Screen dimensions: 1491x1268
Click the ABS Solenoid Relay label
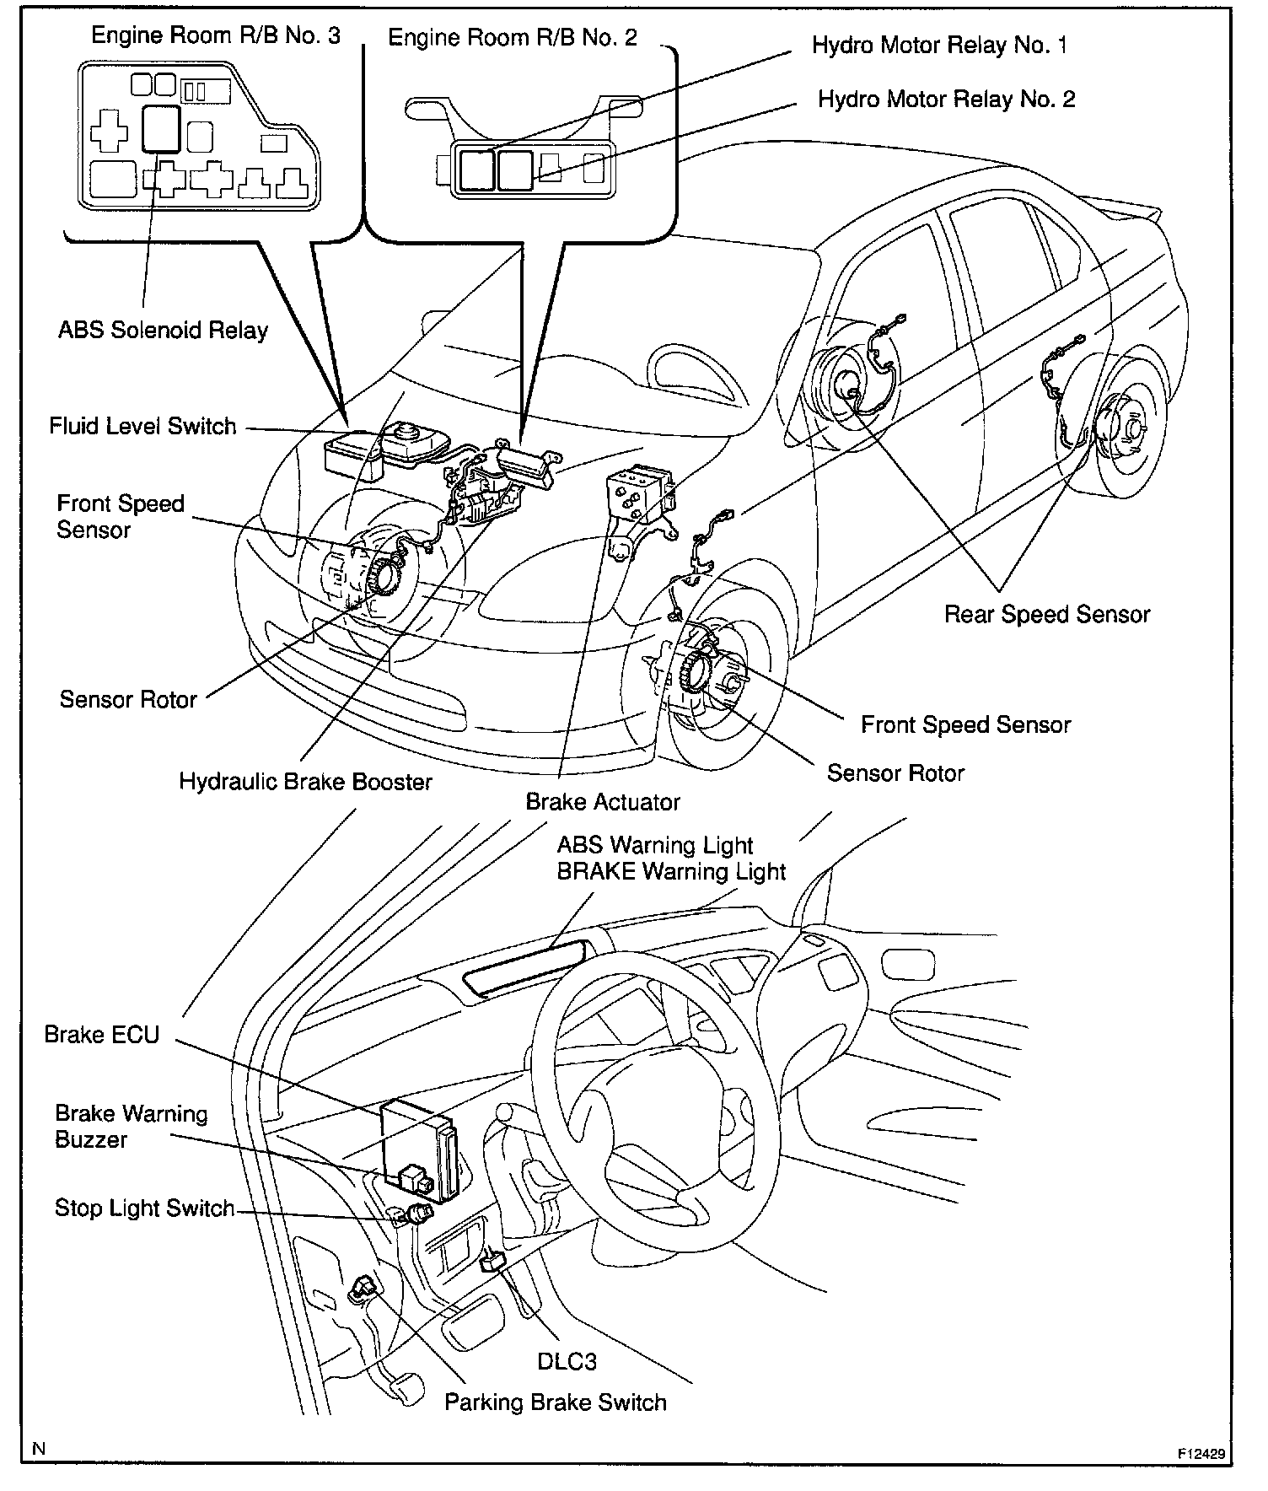tap(163, 331)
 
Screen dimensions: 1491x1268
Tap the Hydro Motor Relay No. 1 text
tap(939, 46)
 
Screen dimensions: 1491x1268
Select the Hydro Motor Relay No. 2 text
tap(946, 100)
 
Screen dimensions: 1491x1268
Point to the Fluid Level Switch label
tap(142, 427)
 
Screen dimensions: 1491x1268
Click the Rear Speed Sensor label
tap(1046, 615)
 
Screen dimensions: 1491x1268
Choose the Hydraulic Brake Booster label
tap(305, 782)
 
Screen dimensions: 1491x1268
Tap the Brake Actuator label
tap(602, 802)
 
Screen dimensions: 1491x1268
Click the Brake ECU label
tap(102, 1035)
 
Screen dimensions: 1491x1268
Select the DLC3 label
tap(567, 1362)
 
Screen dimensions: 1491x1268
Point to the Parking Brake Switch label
tap(556, 1402)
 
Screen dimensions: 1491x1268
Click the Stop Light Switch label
tap(144, 1208)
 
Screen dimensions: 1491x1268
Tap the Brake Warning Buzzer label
tap(131, 1127)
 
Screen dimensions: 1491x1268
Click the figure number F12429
tap(1201, 1454)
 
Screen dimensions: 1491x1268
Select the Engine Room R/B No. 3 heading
tap(216, 35)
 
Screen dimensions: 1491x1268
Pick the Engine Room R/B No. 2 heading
tap(513, 38)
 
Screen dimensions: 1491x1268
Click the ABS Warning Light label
tap(655, 846)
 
